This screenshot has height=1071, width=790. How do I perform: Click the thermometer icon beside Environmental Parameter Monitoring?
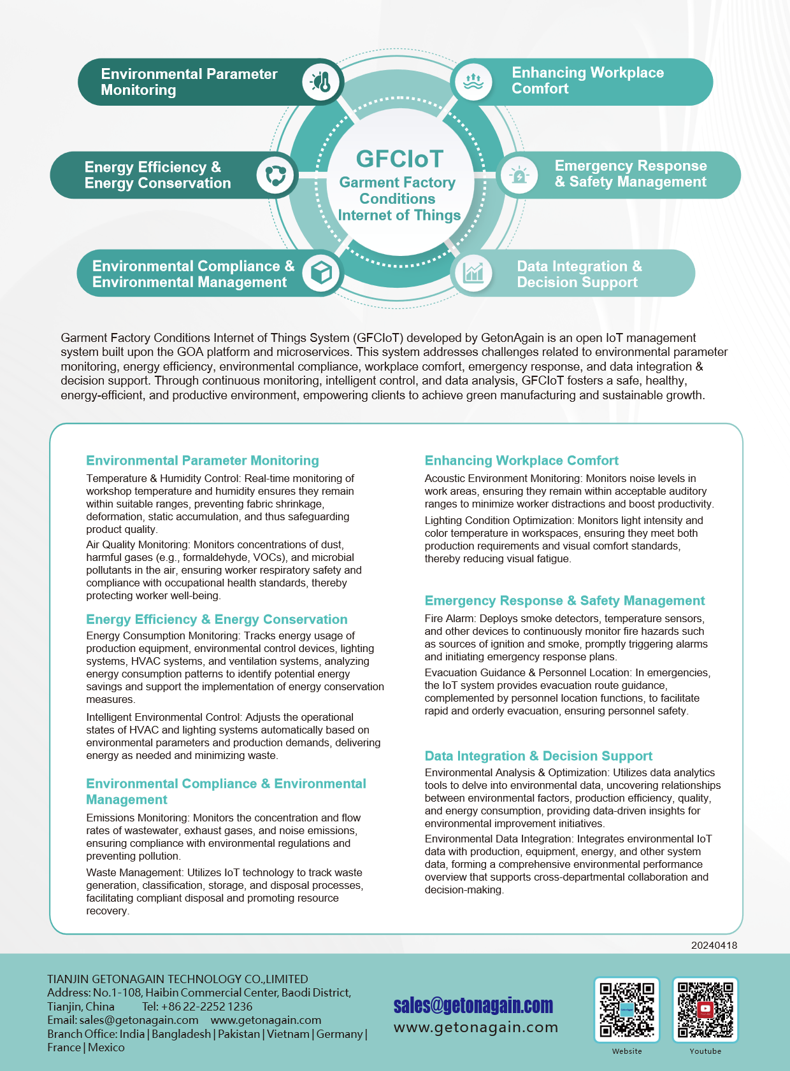click(x=321, y=82)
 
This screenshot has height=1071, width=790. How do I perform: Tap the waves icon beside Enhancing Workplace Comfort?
click(x=473, y=82)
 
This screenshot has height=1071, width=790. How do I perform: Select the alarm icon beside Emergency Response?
click(x=519, y=175)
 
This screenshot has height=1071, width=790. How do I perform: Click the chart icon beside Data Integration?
click(x=473, y=273)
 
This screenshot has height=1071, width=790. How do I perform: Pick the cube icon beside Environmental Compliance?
click(x=321, y=273)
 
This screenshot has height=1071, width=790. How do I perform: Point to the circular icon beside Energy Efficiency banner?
click(x=275, y=175)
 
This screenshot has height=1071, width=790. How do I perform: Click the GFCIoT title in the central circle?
click(x=399, y=159)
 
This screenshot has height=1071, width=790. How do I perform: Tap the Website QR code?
click(x=627, y=1010)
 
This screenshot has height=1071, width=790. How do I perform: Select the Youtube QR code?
click(x=705, y=1010)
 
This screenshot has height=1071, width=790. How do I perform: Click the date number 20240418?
click(x=714, y=946)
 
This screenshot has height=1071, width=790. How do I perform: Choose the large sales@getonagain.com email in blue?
click(x=473, y=1005)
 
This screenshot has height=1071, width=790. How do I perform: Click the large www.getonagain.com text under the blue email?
click(x=476, y=1027)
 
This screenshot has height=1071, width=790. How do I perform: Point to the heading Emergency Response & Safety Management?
click(x=564, y=600)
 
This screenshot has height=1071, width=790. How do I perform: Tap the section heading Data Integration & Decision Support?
click(x=538, y=756)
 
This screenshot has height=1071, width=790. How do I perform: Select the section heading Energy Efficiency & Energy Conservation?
click(x=217, y=620)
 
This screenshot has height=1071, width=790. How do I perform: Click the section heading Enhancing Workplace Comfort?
click(x=521, y=460)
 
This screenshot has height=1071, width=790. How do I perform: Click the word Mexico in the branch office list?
click(x=106, y=1047)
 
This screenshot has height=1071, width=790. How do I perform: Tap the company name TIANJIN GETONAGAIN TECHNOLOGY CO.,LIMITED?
click(x=177, y=979)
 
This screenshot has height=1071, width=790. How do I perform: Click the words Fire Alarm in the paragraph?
click(x=450, y=618)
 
